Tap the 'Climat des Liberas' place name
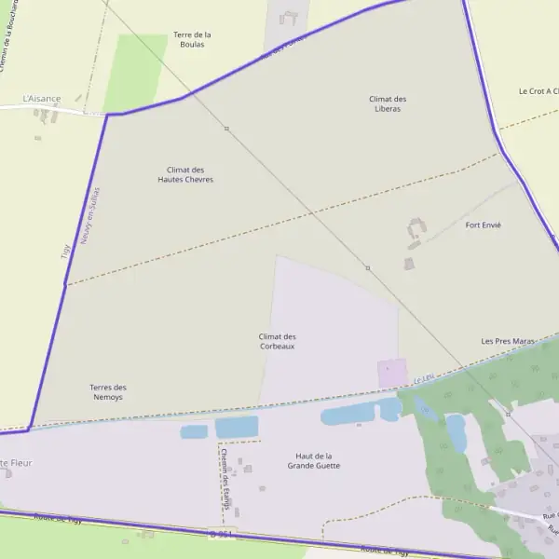[x=387, y=103]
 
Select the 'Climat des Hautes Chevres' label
[x=185, y=174]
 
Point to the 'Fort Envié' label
[x=483, y=225]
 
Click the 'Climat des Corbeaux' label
[x=277, y=341]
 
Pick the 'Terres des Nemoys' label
[x=107, y=392]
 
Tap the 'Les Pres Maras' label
[x=508, y=341]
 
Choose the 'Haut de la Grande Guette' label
[x=313, y=460]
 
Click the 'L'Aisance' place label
[x=42, y=98]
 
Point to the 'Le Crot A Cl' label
[x=538, y=91]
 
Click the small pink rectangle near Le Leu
[x=392, y=373]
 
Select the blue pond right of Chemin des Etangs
[x=237, y=427]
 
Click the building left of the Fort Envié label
[x=416, y=228]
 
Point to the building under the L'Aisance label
[x=44, y=115]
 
